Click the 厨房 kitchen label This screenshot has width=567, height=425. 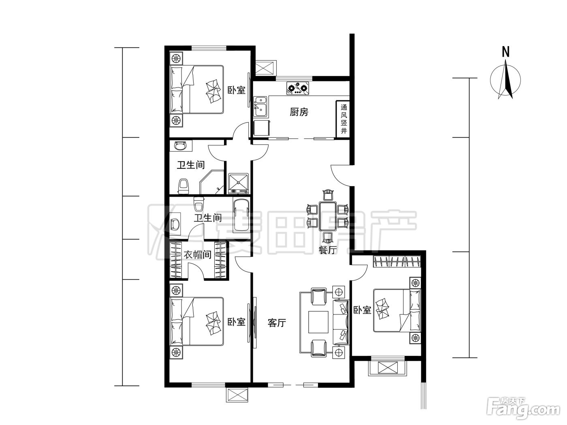(299, 112)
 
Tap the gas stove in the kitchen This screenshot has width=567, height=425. (298, 89)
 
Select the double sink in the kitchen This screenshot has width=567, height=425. (260, 106)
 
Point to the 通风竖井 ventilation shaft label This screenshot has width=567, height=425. (343, 119)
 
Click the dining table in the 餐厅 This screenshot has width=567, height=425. (328, 217)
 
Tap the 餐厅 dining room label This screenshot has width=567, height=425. (328, 250)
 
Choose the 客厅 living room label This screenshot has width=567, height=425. (277, 323)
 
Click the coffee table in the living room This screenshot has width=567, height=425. (318, 322)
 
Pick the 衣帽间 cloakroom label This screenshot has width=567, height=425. (198, 255)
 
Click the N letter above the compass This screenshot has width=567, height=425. (505, 52)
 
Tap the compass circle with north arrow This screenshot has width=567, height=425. (505, 80)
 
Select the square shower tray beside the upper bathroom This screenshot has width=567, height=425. (239, 183)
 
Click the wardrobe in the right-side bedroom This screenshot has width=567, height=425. (397, 261)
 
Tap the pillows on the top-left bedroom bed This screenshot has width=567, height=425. (177, 89)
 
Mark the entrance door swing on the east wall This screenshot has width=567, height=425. (341, 176)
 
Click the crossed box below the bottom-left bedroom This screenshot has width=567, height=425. (237, 395)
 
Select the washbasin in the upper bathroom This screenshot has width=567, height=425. (180, 146)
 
